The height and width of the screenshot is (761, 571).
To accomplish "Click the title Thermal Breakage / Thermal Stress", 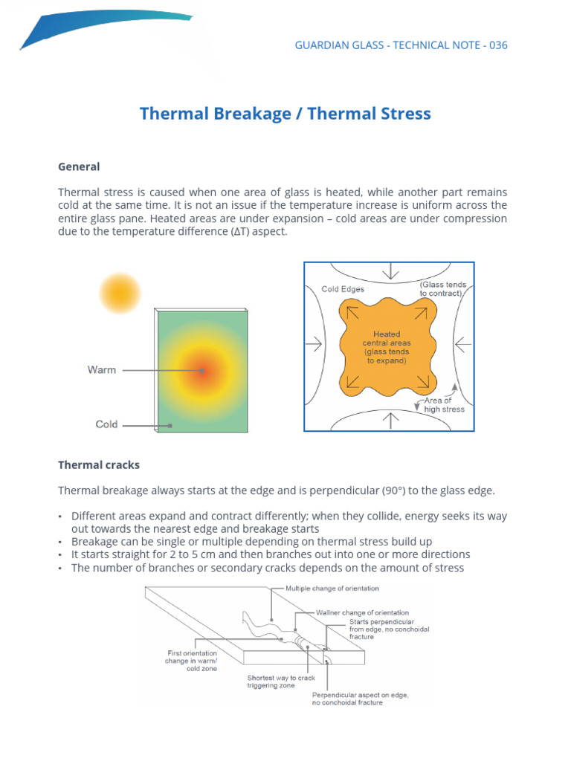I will tap(285, 114).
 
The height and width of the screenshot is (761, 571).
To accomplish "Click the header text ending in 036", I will tap(401, 45).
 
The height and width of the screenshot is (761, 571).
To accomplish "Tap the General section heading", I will tap(79, 166).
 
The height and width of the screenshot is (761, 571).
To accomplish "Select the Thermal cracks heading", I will tap(99, 465).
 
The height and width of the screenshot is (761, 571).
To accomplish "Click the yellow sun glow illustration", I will tap(119, 292).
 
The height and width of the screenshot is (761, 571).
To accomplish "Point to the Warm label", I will tap(102, 369).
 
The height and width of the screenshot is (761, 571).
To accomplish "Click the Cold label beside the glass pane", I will tap(106, 424).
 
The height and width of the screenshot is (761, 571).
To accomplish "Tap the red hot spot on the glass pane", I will tap(201, 370).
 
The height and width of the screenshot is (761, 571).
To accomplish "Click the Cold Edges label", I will tap(343, 289).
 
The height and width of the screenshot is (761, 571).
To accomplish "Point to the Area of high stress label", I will tap(444, 405).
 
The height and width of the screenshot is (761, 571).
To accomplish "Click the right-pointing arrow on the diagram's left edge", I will tap(314, 344).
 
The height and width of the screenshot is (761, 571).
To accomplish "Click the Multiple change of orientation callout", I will tap(332, 589).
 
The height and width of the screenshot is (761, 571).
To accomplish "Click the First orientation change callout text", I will tap(191, 657).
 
